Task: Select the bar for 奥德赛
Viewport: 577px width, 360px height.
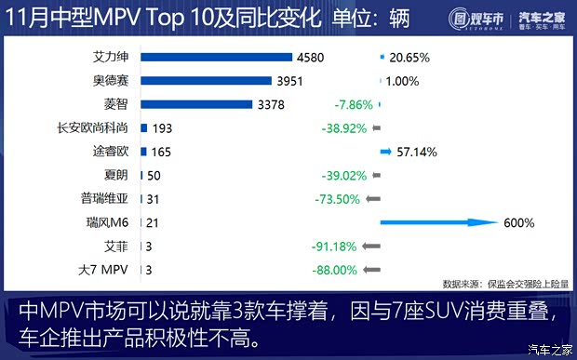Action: tap(206, 81)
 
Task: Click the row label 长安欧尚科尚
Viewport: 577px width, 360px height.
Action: tap(96, 128)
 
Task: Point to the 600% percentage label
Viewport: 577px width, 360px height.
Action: tap(519, 223)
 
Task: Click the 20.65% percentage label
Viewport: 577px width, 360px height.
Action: tap(410, 57)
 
